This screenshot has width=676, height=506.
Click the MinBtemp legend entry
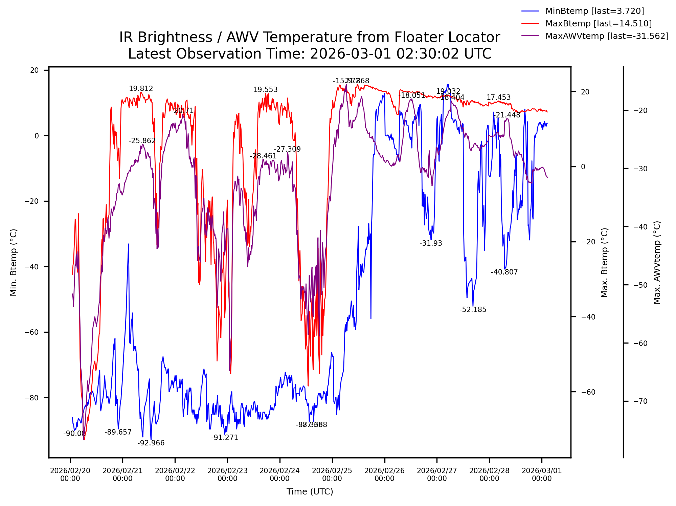pyautogui.click(x=594, y=11)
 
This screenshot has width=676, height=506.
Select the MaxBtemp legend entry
pyautogui.click(x=598, y=24)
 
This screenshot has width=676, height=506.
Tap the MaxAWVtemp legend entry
pyautogui.click(x=607, y=36)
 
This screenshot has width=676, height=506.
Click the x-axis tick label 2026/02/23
pyautogui.click(x=227, y=475)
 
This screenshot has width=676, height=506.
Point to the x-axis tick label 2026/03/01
pyautogui.click(x=542, y=475)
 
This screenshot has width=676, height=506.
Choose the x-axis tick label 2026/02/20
pyautogui.click(x=70, y=475)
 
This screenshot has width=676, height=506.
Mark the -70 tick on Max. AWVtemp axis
pyautogui.click(x=640, y=402)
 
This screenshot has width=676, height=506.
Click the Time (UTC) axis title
pyautogui.click(x=310, y=492)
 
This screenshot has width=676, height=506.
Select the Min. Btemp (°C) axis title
pyautogui.click(x=14, y=263)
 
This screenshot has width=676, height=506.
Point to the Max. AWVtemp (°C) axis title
pyautogui.click(x=657, y=263)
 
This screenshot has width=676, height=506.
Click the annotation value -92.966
pyautogui.click(x=151, y=443)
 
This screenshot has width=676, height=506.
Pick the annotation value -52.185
pyautogui.click(x=473, y=310)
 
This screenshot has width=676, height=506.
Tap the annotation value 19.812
pyautogui.click(x=141, y=89)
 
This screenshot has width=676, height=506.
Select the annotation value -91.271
pyautogui.click(x=225, y=438)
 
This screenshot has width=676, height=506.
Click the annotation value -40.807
pyautogui.click(x=504, y=272)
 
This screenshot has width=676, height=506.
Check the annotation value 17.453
pyautogui.click(x=498, y=97)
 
